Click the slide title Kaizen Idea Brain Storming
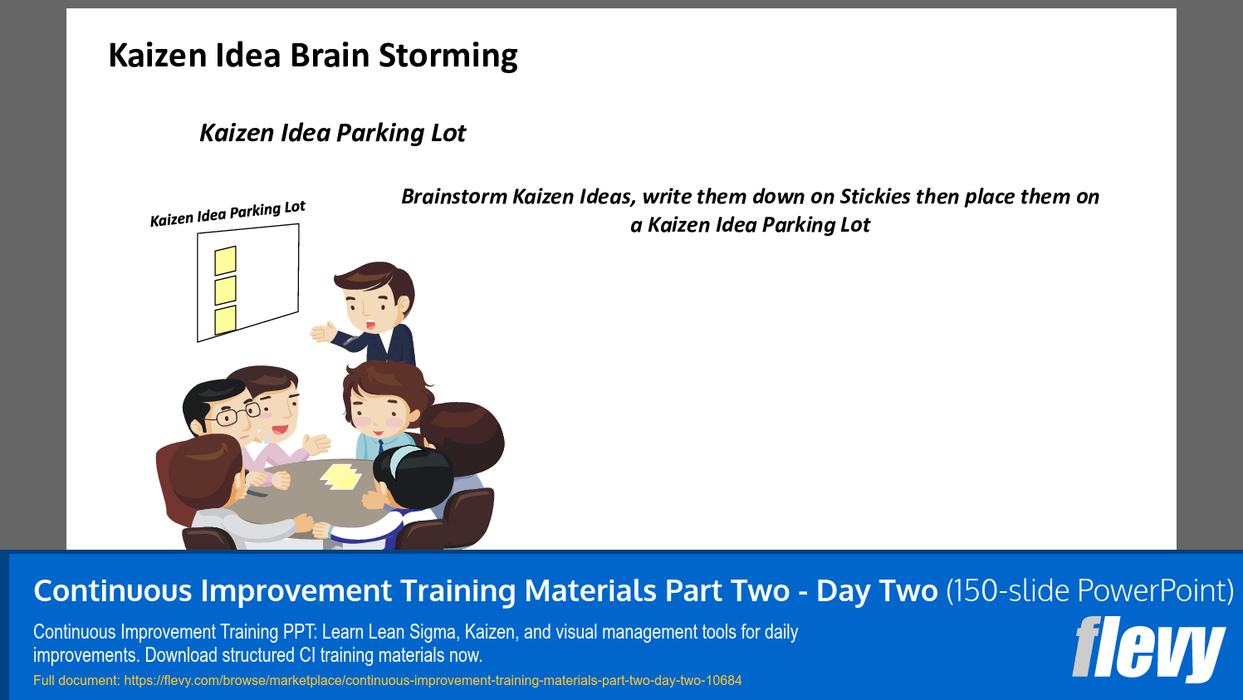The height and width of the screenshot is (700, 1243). (313, 56)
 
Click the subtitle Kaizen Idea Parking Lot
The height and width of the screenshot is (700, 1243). (332, 133)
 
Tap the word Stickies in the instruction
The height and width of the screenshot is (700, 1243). (875, 197)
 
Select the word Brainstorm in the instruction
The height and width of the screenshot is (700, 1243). (453, 197)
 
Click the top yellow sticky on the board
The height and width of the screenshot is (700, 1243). (225, 261)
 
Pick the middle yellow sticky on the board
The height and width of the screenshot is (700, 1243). (225, 291)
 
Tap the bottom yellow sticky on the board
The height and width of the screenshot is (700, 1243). (225, 320)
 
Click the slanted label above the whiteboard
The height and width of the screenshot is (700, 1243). (228, 213)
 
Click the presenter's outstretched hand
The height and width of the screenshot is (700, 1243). (325, 332)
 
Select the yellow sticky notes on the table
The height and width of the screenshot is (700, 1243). (340, 477)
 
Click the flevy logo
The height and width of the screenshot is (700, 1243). (1148, 649)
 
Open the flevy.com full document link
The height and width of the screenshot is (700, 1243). (433, 681)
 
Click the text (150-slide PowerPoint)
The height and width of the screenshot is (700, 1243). (1089, 591)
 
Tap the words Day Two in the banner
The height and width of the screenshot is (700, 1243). (877, 591)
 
